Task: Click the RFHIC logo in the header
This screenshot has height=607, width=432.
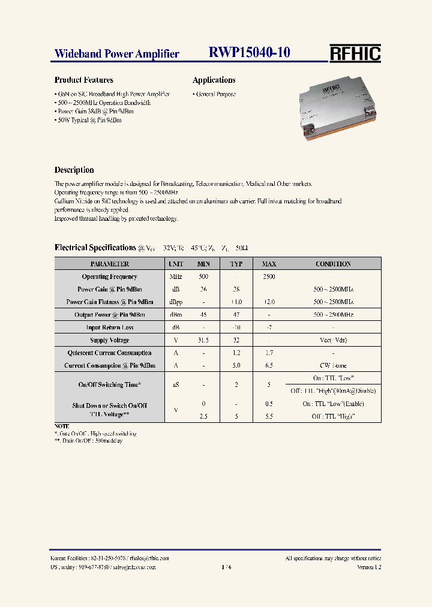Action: pos(355,53)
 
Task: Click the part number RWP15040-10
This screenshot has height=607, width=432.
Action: pos(249,53)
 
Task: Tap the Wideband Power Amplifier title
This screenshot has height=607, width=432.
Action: pos(116,54)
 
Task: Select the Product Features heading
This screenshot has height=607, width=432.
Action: pos(83,80)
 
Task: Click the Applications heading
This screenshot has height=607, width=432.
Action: pos(214,80)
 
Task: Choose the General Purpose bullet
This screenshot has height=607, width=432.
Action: pos(215,94)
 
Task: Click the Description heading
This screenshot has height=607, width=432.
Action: pos(74,170)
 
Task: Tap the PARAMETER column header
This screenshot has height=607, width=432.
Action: pos(109,264)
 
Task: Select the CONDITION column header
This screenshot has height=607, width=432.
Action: pos(333,264)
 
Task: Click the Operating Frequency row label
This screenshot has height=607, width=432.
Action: pos(109,277)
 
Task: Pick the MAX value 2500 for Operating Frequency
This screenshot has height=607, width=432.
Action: pos(269,277)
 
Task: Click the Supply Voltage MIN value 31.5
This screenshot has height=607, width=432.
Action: pos(203,340)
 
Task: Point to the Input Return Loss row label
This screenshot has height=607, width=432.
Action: pos(109,327)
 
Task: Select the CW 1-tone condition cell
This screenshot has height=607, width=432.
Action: pos(333,365)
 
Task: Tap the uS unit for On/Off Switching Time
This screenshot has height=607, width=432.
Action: pos(175,384)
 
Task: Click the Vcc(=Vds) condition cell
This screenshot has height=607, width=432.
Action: pos(333,340)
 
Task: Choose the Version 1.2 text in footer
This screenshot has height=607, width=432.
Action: pos(368,567)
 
